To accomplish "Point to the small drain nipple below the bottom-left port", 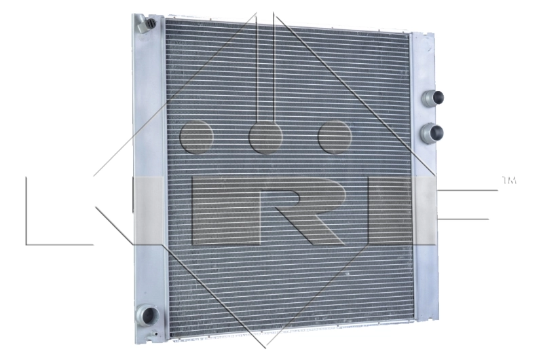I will click(x=155, y=334).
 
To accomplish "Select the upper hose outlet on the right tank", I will click(x=432, y=98).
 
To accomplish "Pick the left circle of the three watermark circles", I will click(x=197, y=137).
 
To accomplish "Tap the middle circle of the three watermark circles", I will click(x=265, y=137).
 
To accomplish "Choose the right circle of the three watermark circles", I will click(x=335, y=137).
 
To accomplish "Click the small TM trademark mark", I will click(x=508, y=181).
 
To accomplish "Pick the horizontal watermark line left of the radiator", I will click(x=60, y=243).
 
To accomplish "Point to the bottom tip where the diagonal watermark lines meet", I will click(x=265, y=346).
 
